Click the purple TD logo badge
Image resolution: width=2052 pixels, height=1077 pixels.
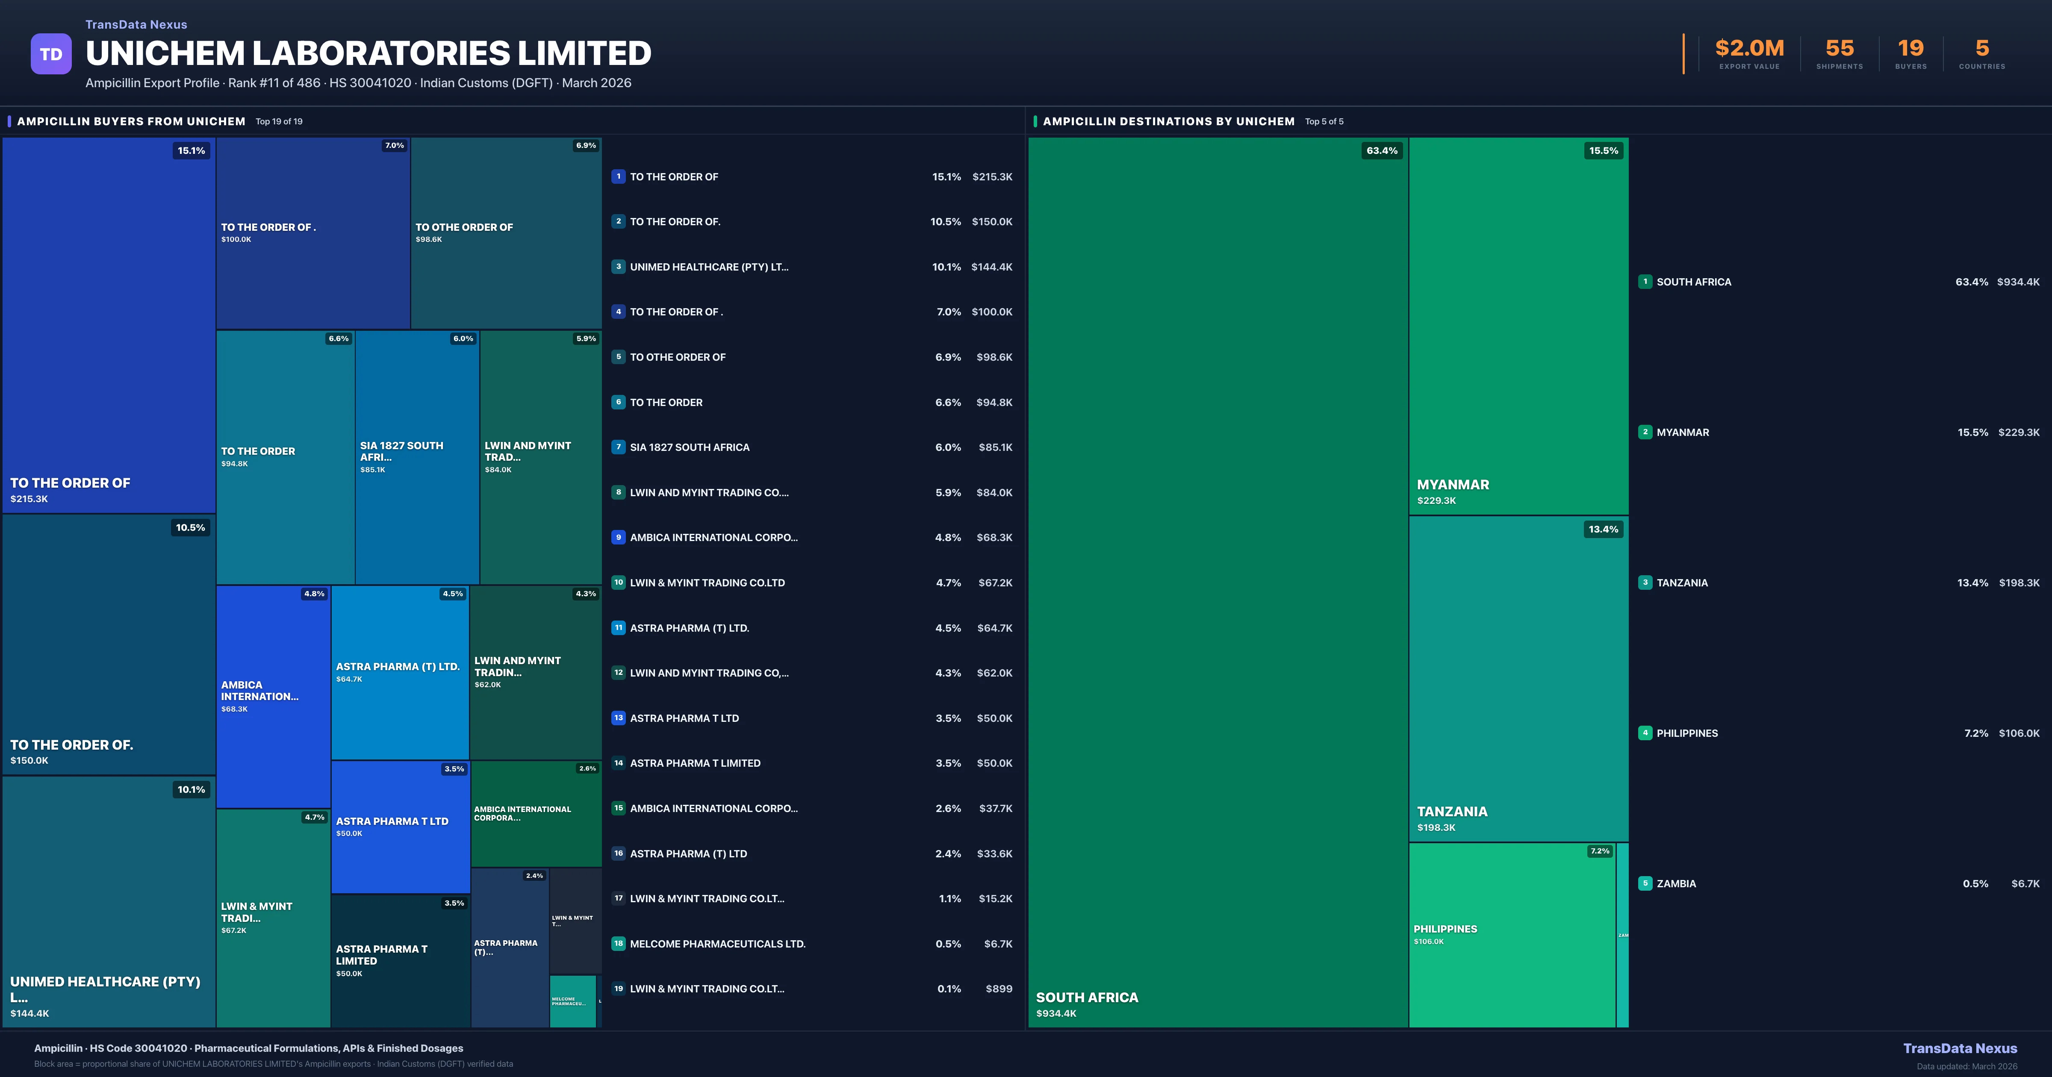(x=51, y=54)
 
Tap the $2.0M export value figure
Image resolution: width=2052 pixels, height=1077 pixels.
(x=1749, y=49)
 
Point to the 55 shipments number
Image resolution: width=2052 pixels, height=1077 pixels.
(x=1839, y=49)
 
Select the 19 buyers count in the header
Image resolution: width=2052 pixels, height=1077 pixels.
(x=1910, y=49)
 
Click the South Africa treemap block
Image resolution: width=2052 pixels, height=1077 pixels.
(x=1217, y=582)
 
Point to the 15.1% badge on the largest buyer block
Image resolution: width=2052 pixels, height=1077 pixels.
(x=191, y=150)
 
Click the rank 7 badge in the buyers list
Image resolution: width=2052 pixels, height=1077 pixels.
(x=618, y=447)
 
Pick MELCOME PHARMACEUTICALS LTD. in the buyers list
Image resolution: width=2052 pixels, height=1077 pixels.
(x=717, y=944)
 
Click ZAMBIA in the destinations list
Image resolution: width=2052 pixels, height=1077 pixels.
(x=1676, y=883)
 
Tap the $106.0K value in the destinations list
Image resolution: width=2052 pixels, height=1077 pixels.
(x=2019, y=733)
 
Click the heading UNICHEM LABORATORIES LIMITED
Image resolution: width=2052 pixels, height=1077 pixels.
(x=368, y=53)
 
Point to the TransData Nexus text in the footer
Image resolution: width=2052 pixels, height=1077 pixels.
(x=1960, y=1048)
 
